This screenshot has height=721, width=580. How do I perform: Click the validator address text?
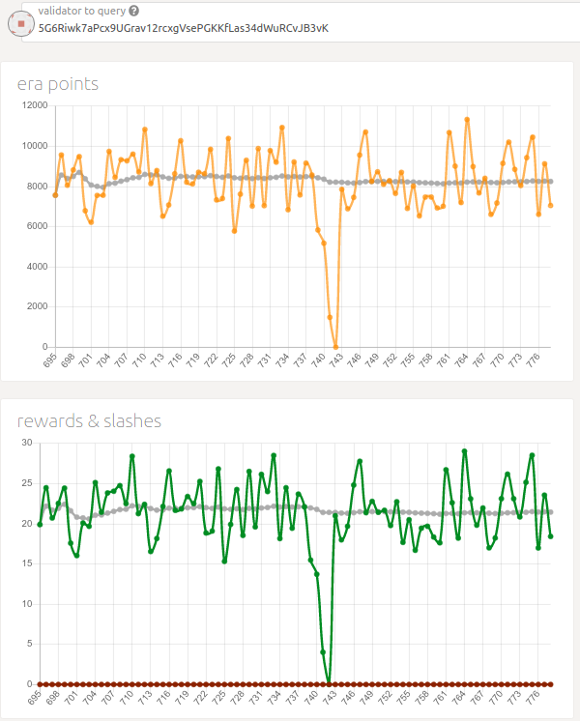(x=183, y=28)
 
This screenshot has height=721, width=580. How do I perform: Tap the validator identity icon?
(x=20, y=22)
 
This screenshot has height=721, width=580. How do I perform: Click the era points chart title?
(x=58, y=84)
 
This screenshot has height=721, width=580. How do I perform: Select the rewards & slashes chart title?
(x=89, y=420)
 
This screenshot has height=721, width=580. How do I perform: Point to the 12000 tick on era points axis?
(x=34, y=105)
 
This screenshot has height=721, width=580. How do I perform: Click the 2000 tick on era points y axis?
(x=38, y=306)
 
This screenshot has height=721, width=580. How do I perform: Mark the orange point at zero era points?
(x=335, y=346)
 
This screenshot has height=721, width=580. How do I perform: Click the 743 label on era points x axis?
(x=335, y=360)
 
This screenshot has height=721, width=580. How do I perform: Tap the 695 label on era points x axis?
(x=49, y=360)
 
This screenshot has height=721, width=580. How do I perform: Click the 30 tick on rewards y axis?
(x=27, y=443)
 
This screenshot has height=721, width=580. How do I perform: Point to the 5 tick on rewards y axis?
(x=29, y=644)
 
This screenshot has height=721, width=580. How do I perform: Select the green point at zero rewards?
(x=329, y=682)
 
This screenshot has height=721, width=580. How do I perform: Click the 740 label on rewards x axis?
(x=311, y=698)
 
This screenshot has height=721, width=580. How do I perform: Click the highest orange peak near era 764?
(x=467, y=119)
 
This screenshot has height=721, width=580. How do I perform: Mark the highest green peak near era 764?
(x=464, y=450)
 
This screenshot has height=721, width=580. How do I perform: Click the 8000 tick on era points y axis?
(x=36, y=186)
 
